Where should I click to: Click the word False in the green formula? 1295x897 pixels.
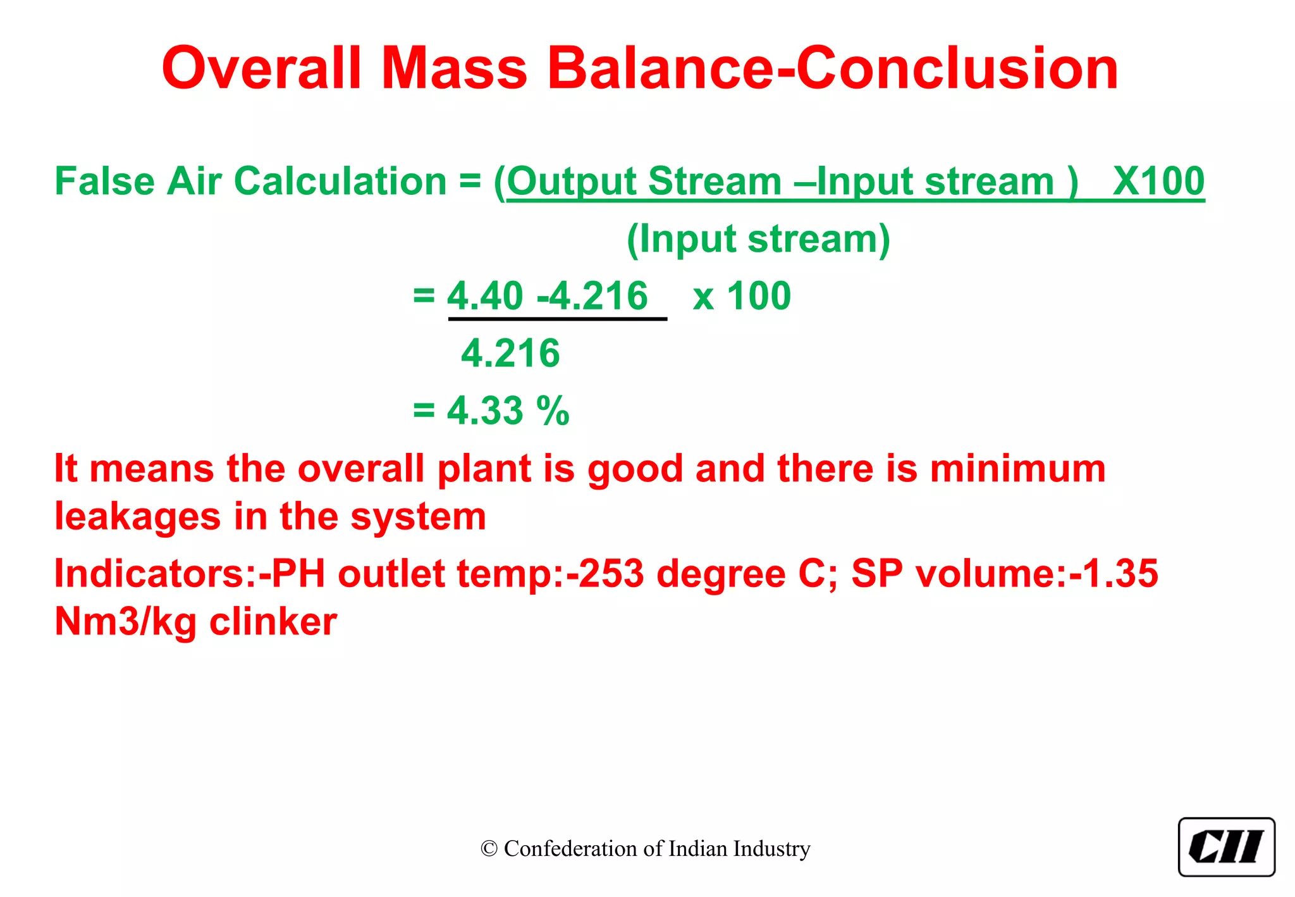point(104,182)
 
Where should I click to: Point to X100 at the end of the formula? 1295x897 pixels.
point(1158,182)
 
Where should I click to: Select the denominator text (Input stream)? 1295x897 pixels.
point(758,239)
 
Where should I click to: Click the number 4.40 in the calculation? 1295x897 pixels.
point(485,295)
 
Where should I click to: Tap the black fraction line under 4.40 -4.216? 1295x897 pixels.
point(557,319)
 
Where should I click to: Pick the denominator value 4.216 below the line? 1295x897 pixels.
point(510,353)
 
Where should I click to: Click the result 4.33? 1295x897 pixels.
point(485,411)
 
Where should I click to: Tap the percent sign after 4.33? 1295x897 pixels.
point(553,411)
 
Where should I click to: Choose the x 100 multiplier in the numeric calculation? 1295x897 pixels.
point(742,295)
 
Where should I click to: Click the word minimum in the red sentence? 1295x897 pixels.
point(1017,469)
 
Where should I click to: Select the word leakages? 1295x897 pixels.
point(137,517)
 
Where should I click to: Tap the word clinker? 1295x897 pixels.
point(273,622)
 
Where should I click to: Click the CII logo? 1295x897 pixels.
point(1226,847)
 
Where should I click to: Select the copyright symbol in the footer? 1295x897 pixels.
point(489,849)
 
